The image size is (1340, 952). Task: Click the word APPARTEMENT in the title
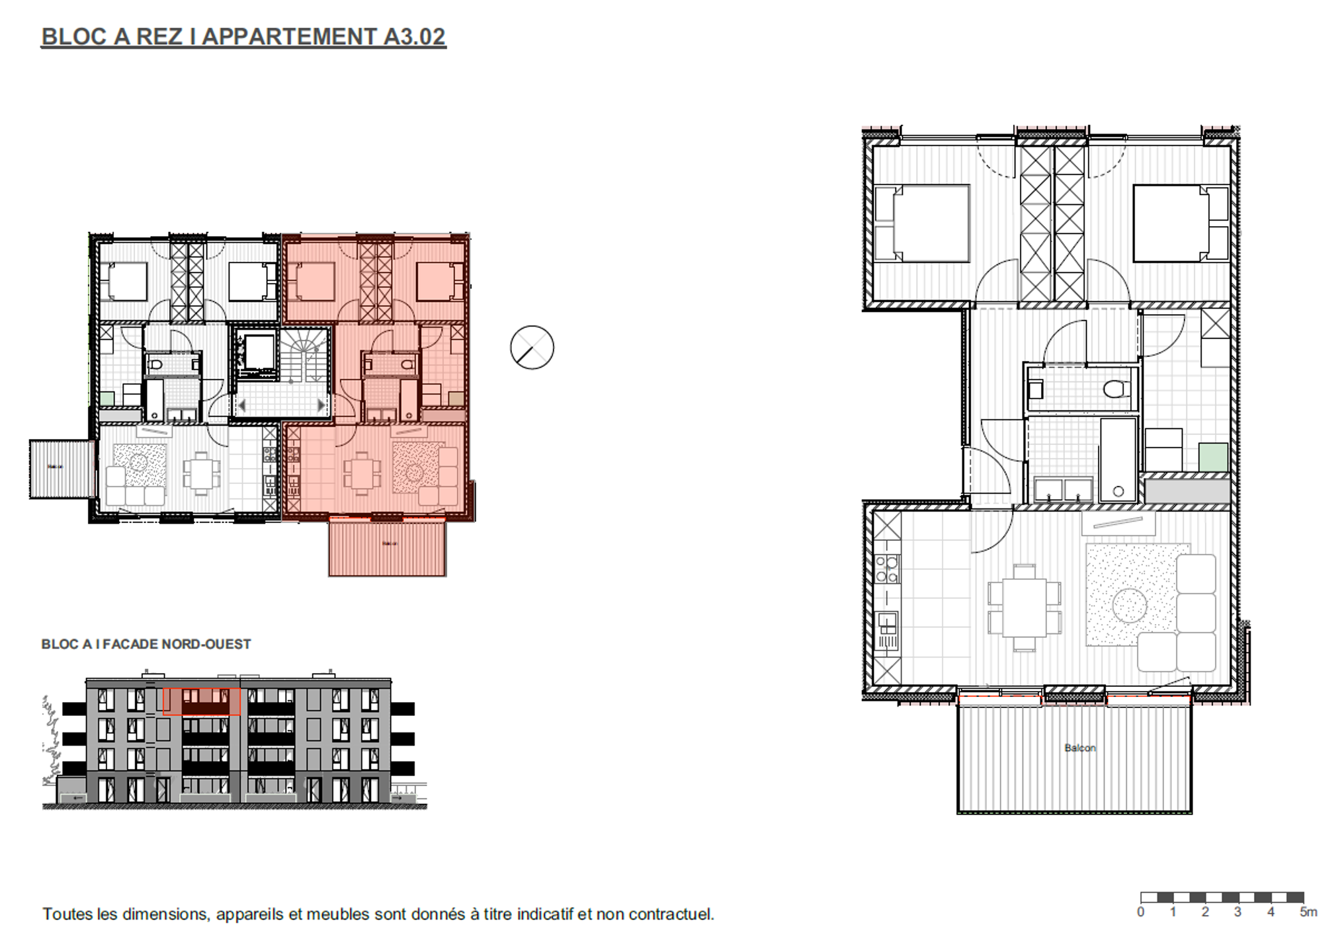pyautogui.click(x=290, y=37)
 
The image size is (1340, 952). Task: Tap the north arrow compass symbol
pyautogui.click(x=532, y=348)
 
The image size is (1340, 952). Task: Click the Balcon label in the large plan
pyautogui.click(x=1079, y=748)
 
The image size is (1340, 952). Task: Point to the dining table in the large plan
pyautogui.click(x=1024, y=607)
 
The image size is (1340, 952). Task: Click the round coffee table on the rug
pyautogui.click(x=1129, y=605)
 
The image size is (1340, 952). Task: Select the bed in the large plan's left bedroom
pyautogui.click(x=921, y=223)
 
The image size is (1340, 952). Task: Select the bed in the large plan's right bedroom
pyautogui.click(x=1180, y=223)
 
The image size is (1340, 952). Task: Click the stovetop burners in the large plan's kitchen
pyautogui.click(x=887, y=569)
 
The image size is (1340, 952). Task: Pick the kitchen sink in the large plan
pyautogui.click(x=886, y=629)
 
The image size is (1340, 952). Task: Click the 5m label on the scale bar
pyautogui.click(x=1308, y=912)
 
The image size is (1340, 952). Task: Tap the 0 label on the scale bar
pyautogui.click(x=1140, y=912)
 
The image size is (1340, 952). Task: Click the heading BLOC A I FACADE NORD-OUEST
pyautogui.click(x=146, y=644)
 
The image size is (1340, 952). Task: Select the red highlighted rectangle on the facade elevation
pyautogui.click(x=201, y=701)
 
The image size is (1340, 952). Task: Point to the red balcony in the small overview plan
pyautogui.click(x=388, y=548)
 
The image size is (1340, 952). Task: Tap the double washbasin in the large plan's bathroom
pyautogui.click(x=1062, y=490)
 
